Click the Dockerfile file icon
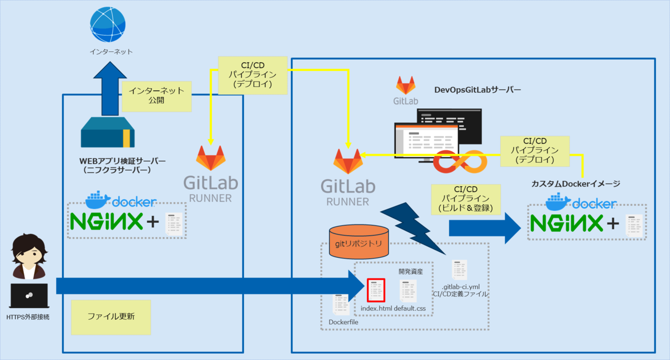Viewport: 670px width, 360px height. coord(342,304)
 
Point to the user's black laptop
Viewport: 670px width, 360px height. coord(28,296)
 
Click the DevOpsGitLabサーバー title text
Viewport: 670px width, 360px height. coord(477,89)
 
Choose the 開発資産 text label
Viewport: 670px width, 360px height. coord(410,272)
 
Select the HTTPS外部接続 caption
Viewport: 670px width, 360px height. coord(28,318)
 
